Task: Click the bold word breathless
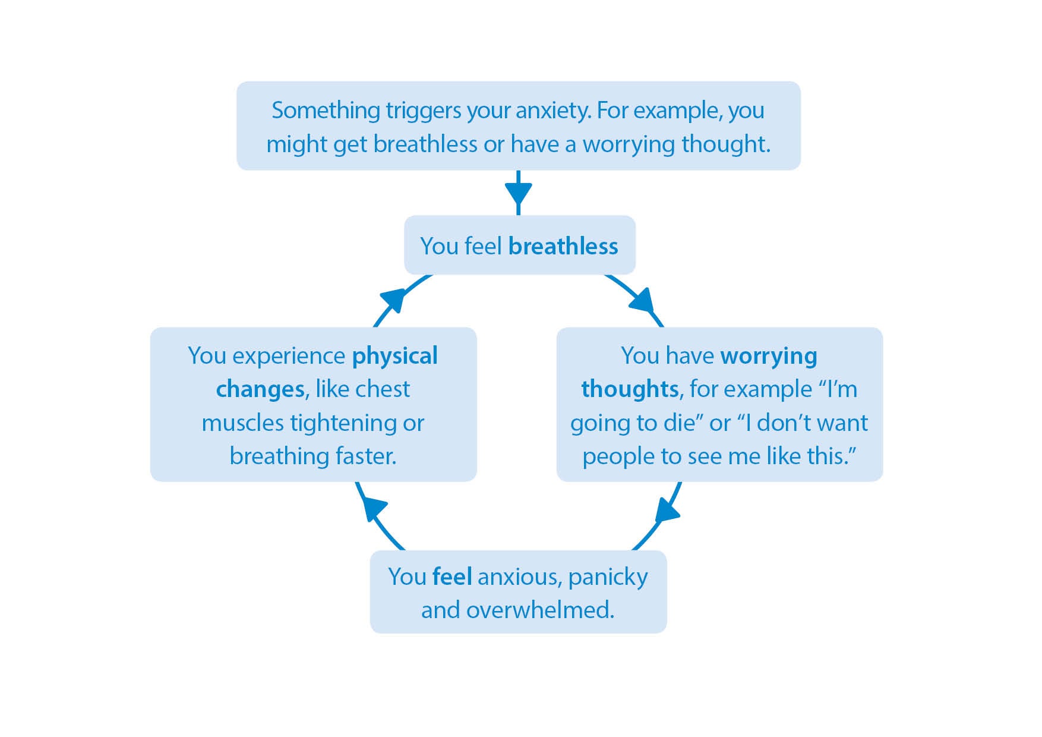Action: pyautogui.click(x=563, y=246)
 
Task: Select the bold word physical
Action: pyautogui.click(x=395, y=357)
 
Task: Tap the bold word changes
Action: pyautogui.click(x=260, y=390)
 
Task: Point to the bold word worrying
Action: pyautogui.click(x=769, y=357)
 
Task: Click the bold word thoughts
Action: pyautogui.click(x=630, y=389)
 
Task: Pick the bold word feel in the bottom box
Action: pyautogui.click(x=452, y=577)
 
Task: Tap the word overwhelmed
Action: pyautogui.click(x=541, y=610)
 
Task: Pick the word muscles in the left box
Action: pyautogui.click(x=242, y=424)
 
